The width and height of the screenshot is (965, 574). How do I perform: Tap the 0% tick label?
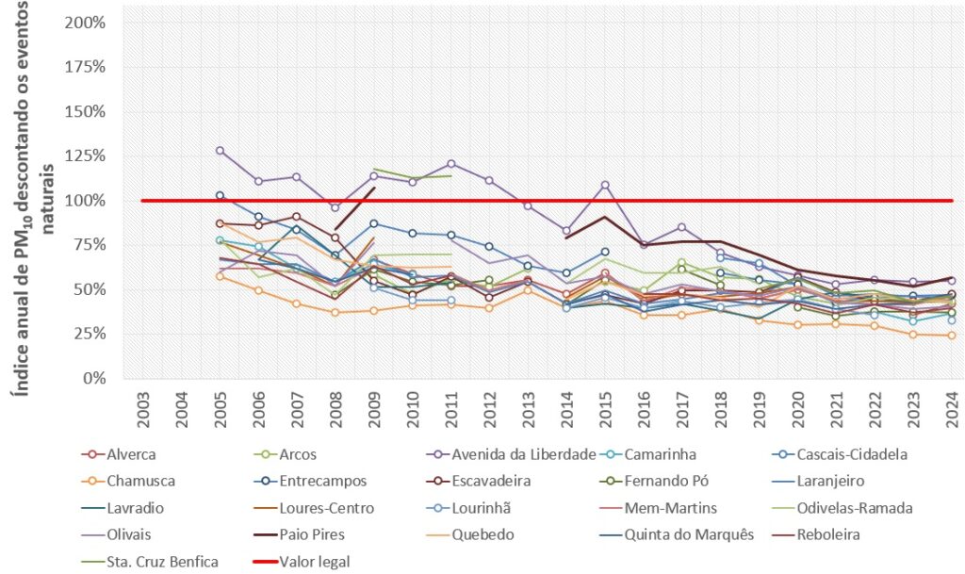[x=93, y=378]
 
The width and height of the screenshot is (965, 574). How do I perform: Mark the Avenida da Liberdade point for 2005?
[x=221, y=151]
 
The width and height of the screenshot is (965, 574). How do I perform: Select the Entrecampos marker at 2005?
[x=221, y=195]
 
